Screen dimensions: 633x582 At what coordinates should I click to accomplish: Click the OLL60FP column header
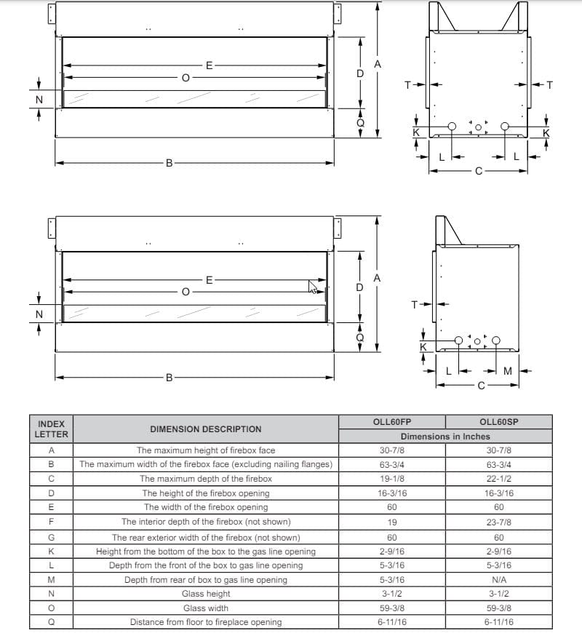pyautogui.click(x=391, y=422)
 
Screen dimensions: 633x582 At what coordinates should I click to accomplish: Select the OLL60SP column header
pyautogui.click(x=498, y=422)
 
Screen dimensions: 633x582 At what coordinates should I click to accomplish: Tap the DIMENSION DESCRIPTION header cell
pyautogui.click(x=205, y=429)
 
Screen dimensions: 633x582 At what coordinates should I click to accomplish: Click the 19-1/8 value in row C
pyautogui.click(x=391, y=479)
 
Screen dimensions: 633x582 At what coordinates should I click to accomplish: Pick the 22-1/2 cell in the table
pyautogui.click(x=498, y=479)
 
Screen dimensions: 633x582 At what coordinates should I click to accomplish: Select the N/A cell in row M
pyautogui.click(x=498, y=580)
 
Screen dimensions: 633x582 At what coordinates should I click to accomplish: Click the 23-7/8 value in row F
pyautogui.click(x=498, y=522)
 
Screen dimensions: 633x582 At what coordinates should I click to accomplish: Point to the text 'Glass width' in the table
pyautogui.click(x=205, y=608)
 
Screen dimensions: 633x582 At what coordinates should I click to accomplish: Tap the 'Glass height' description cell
pyautogui.click(x=205, y=594)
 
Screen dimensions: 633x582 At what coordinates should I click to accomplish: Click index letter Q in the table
pyautogui.click(x=51, y=622)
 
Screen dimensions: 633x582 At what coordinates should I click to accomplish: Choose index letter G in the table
pyautogui.click(x=51, y=537)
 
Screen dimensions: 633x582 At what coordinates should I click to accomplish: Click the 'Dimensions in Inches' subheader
pyautogui.click(x=445, y=437)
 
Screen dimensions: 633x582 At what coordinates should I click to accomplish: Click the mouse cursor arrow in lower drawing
pyautogui.click(x=313, y=287)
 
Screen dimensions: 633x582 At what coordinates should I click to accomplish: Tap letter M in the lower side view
pyautogui.click(x=508, y=371)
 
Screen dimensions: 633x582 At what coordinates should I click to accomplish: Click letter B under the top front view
pyautogui.click(x=169, y=163)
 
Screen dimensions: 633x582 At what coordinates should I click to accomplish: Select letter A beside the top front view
pyautogui.click(x=377, y=65)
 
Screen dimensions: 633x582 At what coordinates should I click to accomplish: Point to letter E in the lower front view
pyautogui.click(x=209, y=279)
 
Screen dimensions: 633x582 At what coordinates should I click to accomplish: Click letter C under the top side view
pyautogui.click(x=478, y=172)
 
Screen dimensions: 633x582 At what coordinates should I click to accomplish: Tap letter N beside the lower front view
pyautogui.click(x=39, y=314)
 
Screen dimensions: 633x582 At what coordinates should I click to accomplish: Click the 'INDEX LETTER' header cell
pyautogui.click(x=51, y=429)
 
